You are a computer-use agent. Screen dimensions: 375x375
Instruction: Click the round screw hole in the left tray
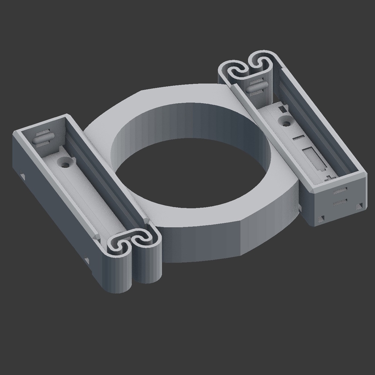click(64, 163)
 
